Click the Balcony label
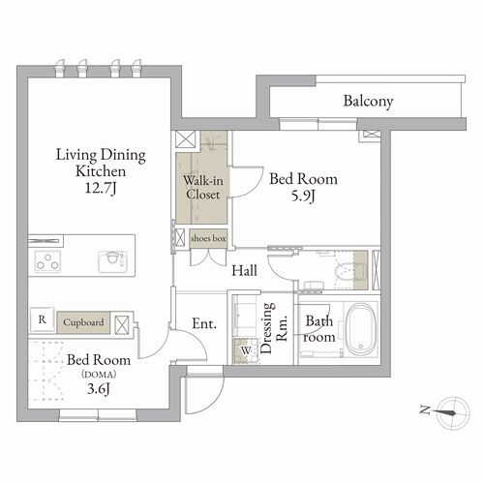tap(368, 102)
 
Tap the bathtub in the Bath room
tap(361, 328)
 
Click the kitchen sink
tap(112, 260)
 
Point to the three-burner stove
tap(47, 261)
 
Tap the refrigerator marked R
tap(42, 319)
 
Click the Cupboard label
tap(83, 322)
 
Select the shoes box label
tap(208, 239)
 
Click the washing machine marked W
tap(246, 350)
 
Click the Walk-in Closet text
tap(203, 188)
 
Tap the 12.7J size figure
tap(101, 188)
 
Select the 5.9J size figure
tap(303, 196)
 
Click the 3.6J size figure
tap(99, 389)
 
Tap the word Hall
tap(245, 270)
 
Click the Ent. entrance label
tap(204, 323)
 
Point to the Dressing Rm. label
tap(274, 328)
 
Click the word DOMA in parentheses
tap(99, 375)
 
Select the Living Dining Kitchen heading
tap(101, 163)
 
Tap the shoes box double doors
tap(208, 257)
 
